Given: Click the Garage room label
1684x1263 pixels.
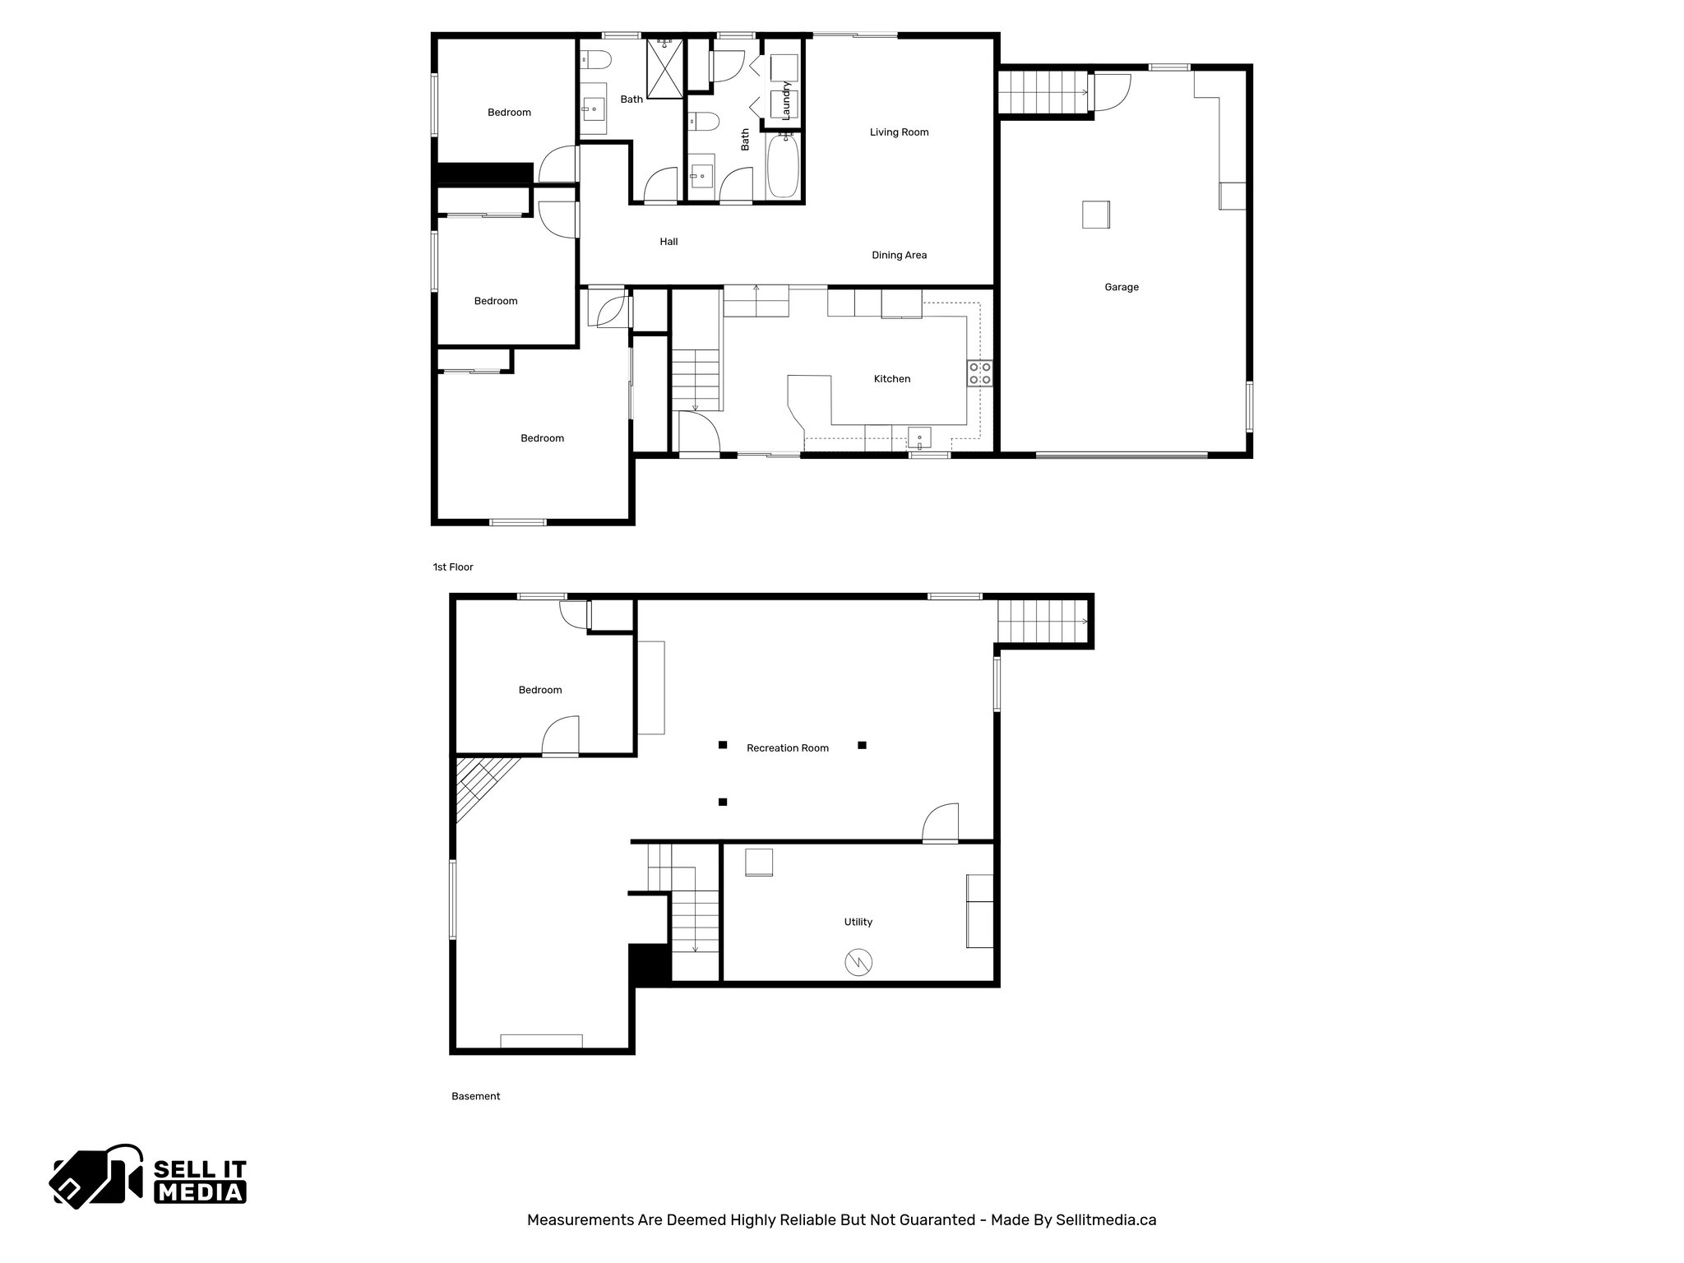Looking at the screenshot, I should click(1121, 287).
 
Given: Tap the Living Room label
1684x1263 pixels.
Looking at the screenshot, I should click(899, 132).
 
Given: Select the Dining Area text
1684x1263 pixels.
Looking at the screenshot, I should click(899, 256).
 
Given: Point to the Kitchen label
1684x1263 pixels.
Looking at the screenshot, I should click(891, 379).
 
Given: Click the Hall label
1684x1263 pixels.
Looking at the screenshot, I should click(669, 242).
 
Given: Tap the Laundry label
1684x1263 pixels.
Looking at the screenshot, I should click(786, 100).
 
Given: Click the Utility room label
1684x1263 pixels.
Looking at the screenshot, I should click(858, 922).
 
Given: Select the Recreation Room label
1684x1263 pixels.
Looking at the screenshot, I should click(787, 748).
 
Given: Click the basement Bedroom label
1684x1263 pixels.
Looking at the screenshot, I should click(539, 690).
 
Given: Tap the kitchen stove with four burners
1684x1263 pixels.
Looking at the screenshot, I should click(978, 373).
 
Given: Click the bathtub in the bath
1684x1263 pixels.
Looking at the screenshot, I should click(783, 166).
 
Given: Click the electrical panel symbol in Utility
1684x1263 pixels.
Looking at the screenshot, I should click(858, 962).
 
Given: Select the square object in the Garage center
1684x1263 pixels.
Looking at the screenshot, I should click(1095, 215).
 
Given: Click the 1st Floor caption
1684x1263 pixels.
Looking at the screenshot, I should click(453, 567).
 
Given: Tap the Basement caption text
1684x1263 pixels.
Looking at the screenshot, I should click(475, 1096).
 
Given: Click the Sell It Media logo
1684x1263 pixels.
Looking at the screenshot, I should click(149, 1176).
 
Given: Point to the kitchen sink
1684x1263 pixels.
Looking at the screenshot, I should click(919, 437).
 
